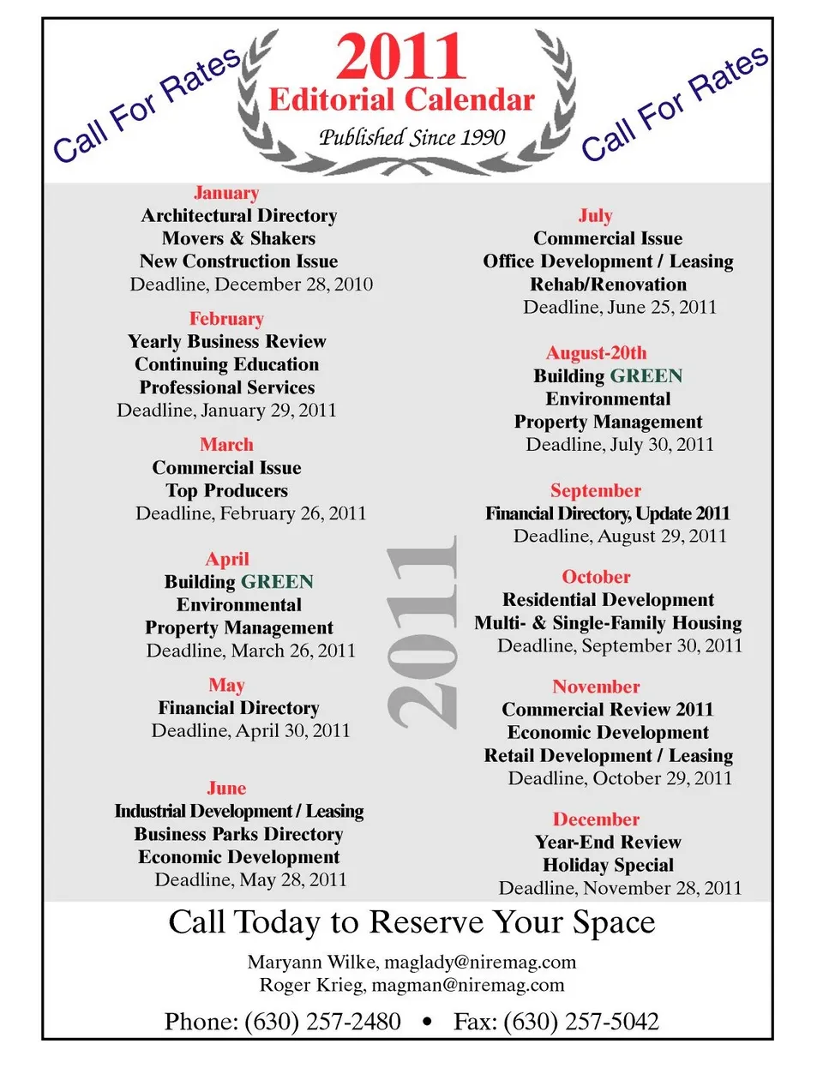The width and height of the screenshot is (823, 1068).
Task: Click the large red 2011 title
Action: click(401, 57)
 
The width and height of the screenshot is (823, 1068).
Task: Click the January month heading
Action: click(226, 193)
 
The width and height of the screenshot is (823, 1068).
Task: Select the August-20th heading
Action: click(596, 353)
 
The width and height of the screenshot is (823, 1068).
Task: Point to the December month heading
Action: click(596, 819)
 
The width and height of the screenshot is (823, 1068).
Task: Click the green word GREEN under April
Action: click(277, 582)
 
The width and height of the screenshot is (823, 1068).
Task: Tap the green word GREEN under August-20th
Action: click(646, 376)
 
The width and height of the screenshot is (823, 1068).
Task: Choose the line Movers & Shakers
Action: click(238, 238)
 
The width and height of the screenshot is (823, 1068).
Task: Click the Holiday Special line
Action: click(608, 865)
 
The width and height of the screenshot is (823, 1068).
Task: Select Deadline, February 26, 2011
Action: click(250, 513)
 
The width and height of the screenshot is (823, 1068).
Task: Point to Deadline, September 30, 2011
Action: click(619, 645)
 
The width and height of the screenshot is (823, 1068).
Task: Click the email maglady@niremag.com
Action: click(480, 962)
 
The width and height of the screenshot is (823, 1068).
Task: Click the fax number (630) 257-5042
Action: click(581, 1022)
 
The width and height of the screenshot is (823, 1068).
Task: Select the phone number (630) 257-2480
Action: click(322, 1022)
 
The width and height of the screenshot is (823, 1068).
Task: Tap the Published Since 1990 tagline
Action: click(411, 137)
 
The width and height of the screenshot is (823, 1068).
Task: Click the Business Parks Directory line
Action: click(238, 834)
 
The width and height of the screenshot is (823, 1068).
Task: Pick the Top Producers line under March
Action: click(226, 490)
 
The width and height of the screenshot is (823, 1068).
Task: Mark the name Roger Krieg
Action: click(310, 985)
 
